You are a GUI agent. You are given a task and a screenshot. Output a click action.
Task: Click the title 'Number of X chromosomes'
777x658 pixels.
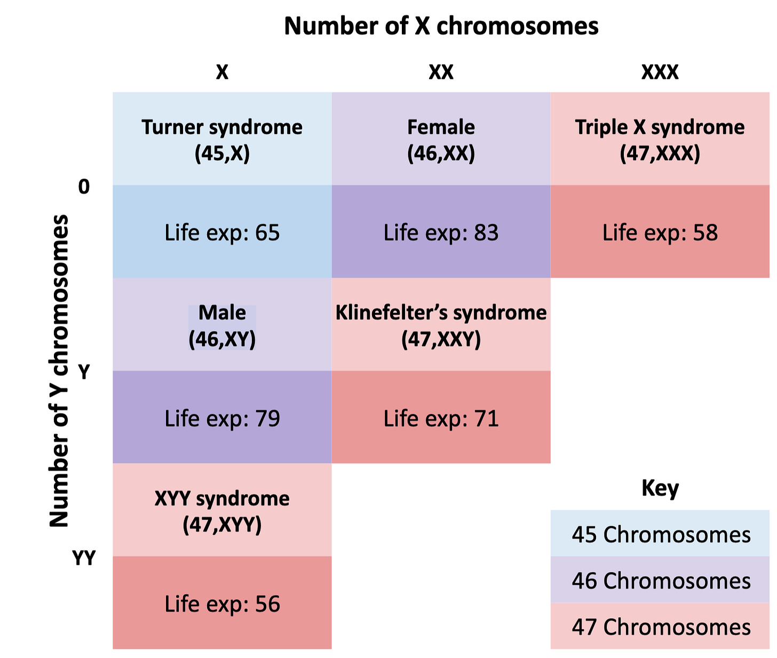441,26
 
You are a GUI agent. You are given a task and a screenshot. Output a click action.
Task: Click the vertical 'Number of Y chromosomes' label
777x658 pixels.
59,370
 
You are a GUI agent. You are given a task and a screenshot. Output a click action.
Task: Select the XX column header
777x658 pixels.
441,72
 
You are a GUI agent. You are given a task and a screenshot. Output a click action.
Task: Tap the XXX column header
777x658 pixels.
660,72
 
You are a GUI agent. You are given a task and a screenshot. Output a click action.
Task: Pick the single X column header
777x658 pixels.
222,72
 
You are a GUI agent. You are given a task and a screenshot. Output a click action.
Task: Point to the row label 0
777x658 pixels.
84,186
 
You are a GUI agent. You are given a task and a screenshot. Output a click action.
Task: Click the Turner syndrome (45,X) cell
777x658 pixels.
222,139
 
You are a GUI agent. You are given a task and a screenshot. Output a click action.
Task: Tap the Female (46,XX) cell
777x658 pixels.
441,139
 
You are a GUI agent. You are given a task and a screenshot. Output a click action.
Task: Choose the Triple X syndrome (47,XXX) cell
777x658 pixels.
660,139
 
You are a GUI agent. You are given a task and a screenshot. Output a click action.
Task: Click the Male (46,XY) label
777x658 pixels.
222,327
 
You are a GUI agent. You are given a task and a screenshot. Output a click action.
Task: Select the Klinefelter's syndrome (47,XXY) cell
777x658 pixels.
441,324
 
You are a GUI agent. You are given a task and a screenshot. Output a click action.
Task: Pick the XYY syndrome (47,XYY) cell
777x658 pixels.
222,510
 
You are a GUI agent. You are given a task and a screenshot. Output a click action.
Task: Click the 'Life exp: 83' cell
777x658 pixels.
441,232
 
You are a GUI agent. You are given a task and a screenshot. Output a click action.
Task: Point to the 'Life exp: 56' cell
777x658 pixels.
222,602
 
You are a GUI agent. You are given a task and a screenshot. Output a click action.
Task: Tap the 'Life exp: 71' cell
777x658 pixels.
441,417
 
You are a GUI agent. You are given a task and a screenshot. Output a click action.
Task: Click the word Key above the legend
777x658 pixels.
660,488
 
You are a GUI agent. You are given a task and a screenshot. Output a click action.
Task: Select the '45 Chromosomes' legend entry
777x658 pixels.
660,533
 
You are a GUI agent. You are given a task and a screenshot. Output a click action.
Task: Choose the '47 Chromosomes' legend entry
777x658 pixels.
660,626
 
